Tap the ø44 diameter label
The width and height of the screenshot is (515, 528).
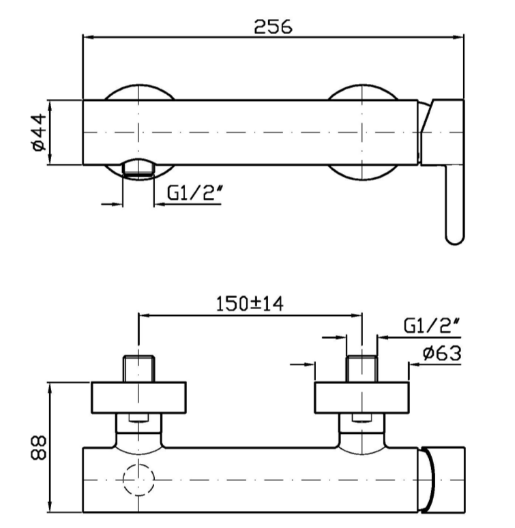[38, 132]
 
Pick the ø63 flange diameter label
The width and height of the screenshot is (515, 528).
[441, 353]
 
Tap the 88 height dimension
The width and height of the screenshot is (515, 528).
[38, 448]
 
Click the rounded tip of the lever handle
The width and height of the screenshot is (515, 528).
[454, 235]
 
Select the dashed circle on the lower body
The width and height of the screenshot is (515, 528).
[139, 480]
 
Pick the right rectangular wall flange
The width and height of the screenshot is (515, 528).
[362, 398]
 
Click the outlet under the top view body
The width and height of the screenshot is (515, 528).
[138, 170]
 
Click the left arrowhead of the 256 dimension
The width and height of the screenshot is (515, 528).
[86, 38]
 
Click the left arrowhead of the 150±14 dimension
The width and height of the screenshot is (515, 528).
[143, 314]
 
